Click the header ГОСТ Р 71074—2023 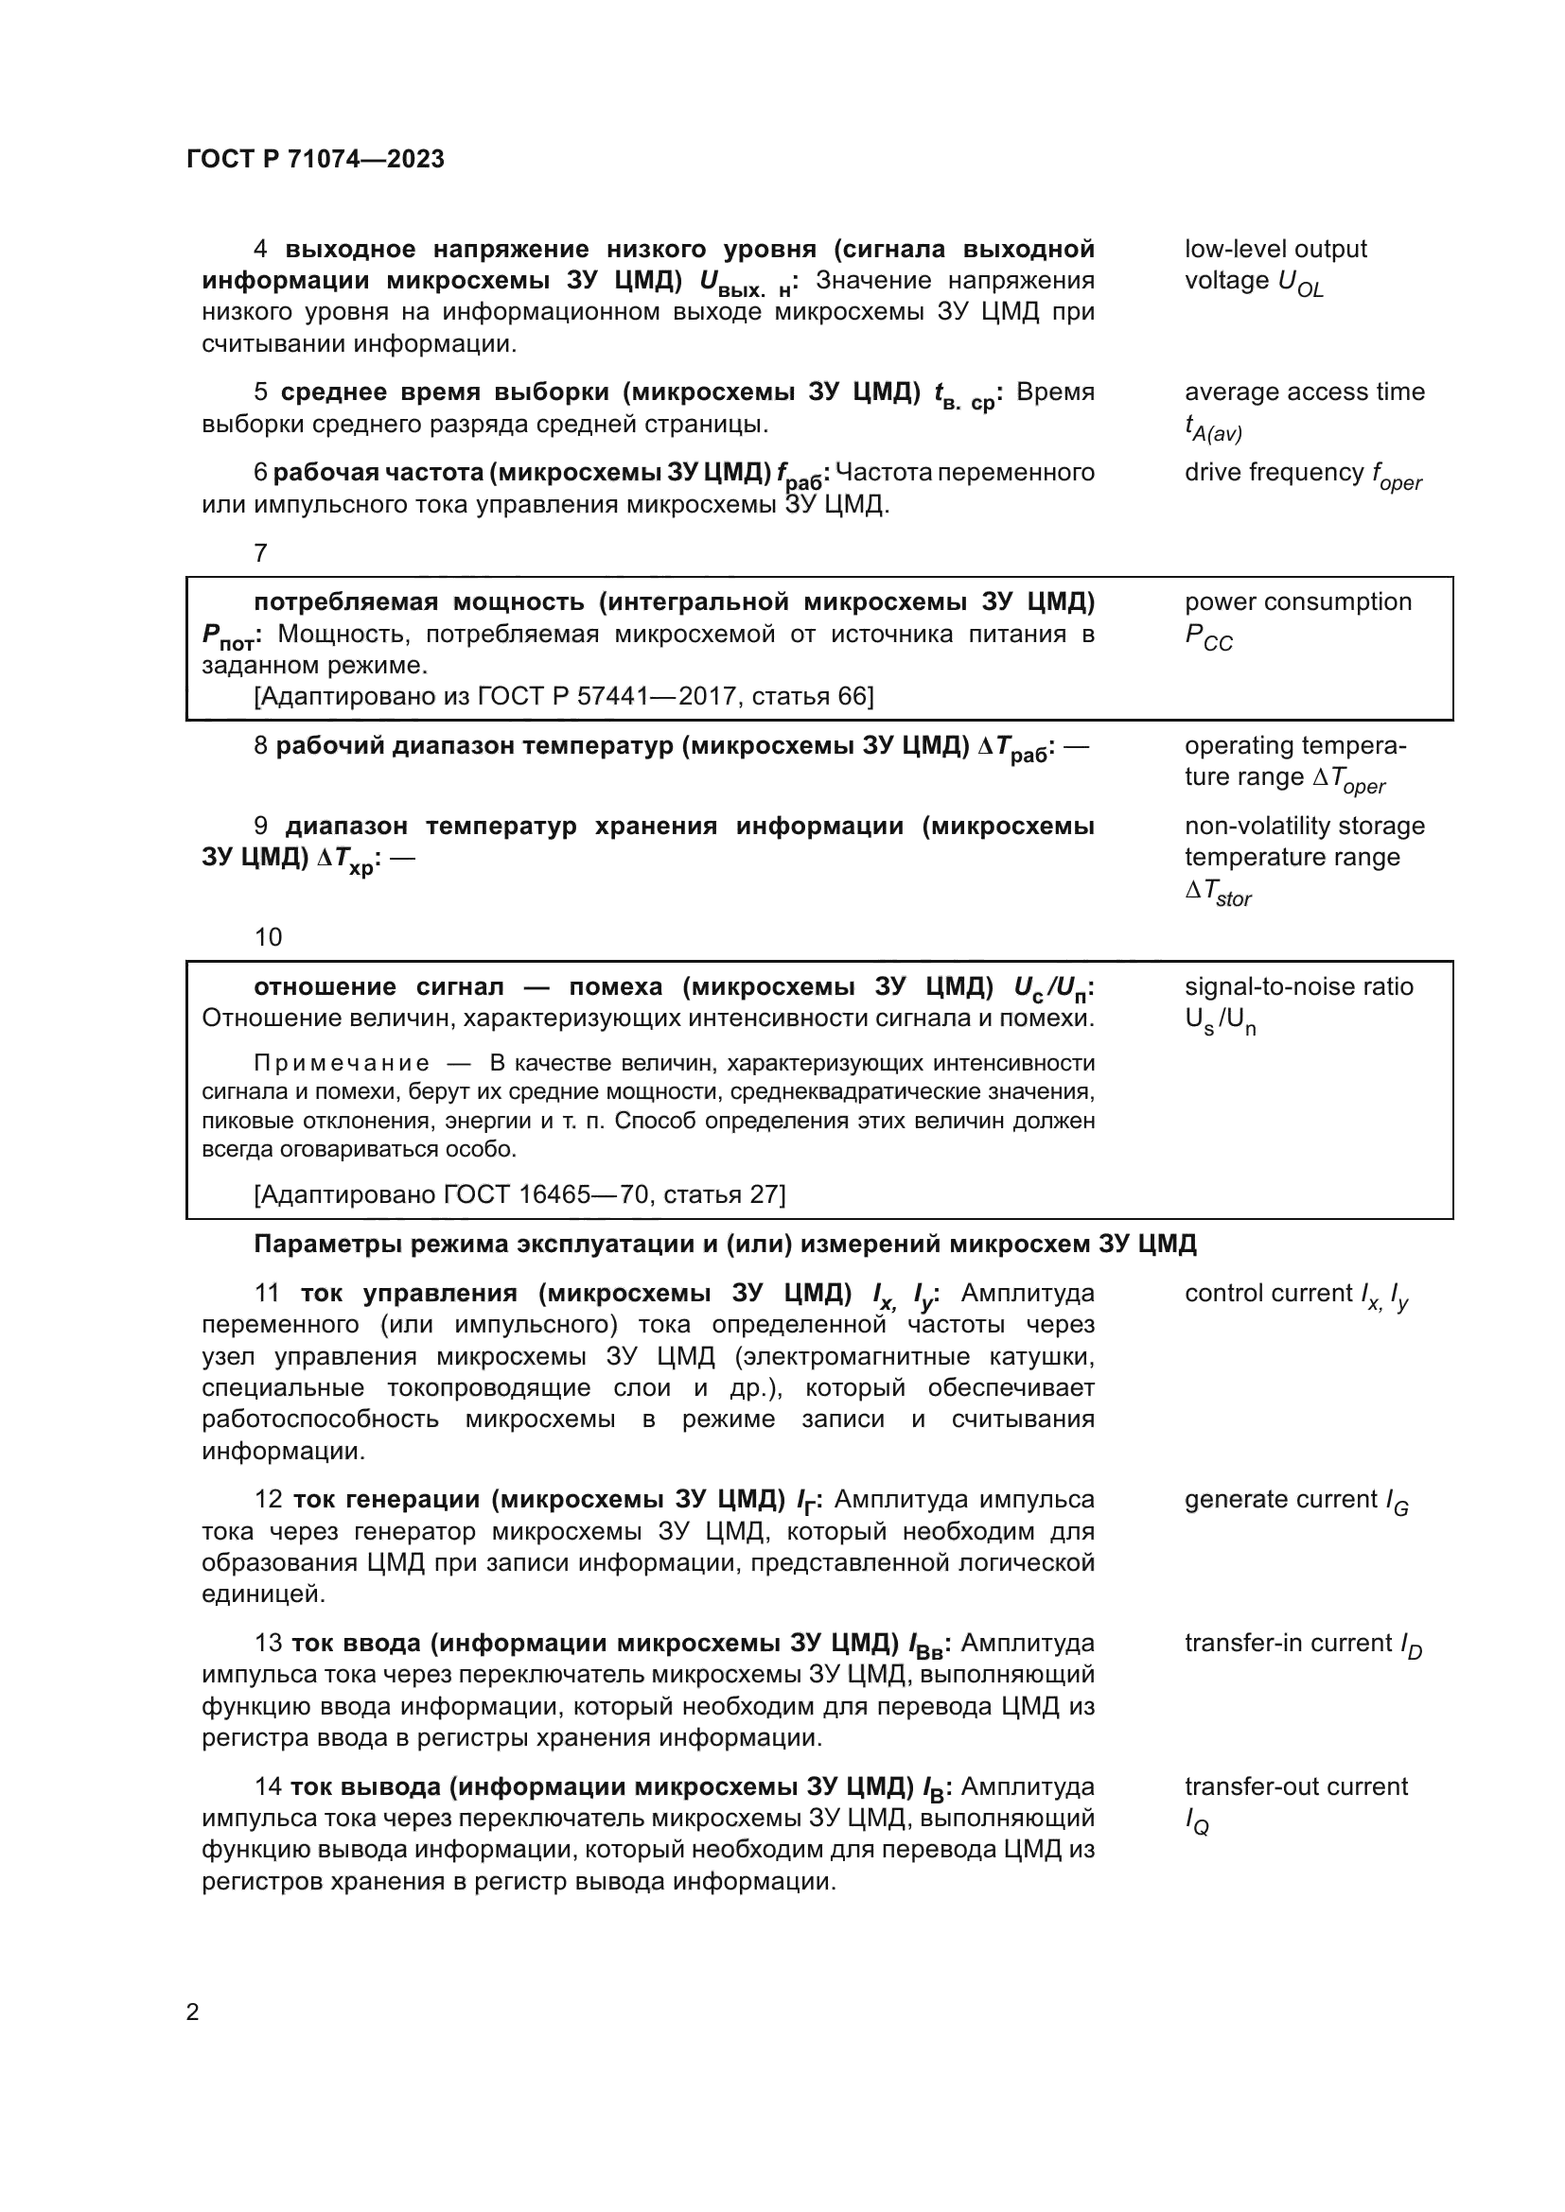point(315,159)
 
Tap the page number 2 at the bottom point(193,2012)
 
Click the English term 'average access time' point(1304,392)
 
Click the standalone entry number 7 point(260,553)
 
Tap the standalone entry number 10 point(268,937)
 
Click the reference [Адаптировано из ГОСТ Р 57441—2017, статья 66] point(564,696)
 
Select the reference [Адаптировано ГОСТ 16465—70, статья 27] point(519,1194)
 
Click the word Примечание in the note point(342,1063)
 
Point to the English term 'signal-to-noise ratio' point(1298,986)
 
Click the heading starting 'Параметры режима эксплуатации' point(725,1244)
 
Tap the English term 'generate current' point(1281,1499)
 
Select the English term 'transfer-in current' point(1288,1643)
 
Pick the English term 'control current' point(1268,1293)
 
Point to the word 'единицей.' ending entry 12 point(263,1594)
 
